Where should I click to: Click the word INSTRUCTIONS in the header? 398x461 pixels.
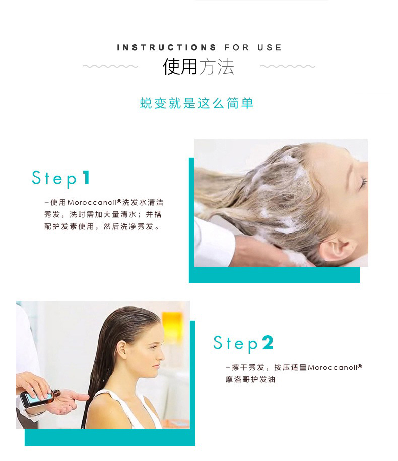tap(166, 48)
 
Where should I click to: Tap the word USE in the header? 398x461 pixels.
tap(270, 48)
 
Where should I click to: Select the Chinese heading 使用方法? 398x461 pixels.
tap(198, 67)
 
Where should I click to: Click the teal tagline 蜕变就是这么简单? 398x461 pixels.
tap(196, 103)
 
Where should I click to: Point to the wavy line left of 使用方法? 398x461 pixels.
tap(110, 66)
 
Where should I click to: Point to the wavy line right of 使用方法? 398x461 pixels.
tap(288, 66)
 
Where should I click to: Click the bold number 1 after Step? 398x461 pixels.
tap(86, 178)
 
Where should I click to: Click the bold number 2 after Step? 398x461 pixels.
tap(268, 343)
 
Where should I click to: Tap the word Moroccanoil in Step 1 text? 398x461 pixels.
tap(92, 203)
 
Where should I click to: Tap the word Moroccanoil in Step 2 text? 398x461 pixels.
tap(333, 368)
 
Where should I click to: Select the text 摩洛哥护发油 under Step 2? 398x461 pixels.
tap(250, 380)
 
